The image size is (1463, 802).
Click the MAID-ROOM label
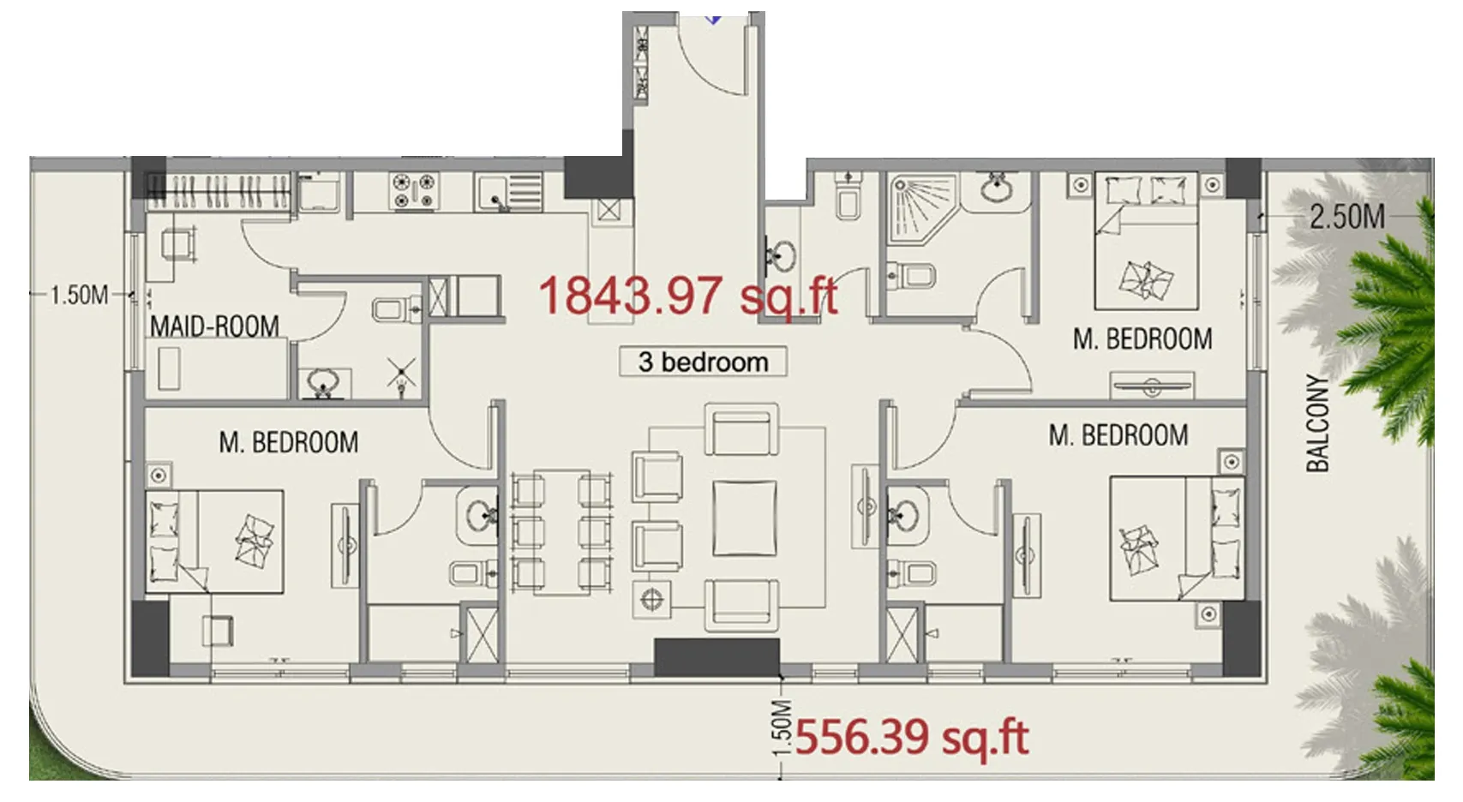(214, 326)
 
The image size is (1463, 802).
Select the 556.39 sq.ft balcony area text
(911, 738)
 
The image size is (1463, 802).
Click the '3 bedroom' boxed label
(703, 362)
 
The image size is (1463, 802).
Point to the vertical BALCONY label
(1317, 422)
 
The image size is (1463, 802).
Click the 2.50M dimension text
(1346, 217)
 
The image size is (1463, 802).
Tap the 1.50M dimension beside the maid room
(79, 296)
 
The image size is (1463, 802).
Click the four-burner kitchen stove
(414, 191)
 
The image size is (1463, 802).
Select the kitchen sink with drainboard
(509, 193)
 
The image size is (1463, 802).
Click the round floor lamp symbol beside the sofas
(652, 600)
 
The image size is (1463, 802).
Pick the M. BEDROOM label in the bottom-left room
(288, 443)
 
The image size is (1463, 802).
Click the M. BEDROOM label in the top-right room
(1142, 339)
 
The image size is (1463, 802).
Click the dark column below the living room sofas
(717, 657)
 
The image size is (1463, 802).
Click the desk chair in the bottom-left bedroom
(218, 631)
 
